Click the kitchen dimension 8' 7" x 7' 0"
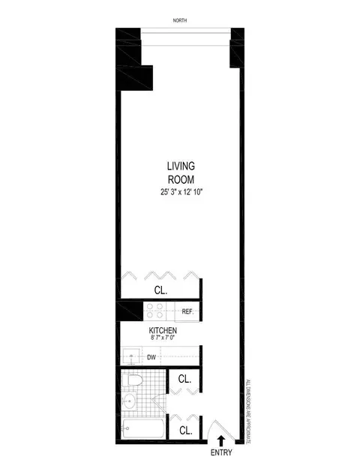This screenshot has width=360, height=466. point(161,340)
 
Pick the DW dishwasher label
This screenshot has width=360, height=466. point(151,358)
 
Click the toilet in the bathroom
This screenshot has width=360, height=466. point(133,383)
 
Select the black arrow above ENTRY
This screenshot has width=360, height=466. point(220,440)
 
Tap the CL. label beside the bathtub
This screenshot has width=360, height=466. point(184,430)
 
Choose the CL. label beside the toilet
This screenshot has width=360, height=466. point(184,380)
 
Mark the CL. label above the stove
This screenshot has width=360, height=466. point(160,288)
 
